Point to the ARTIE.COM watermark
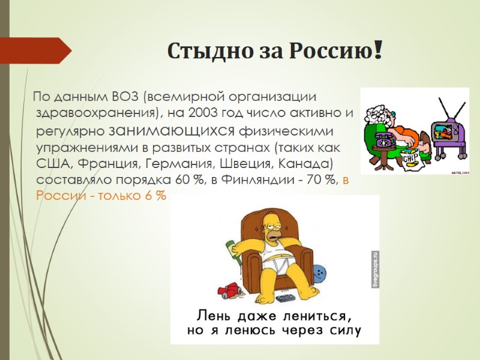pyautogui.click(x=458, y=171)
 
